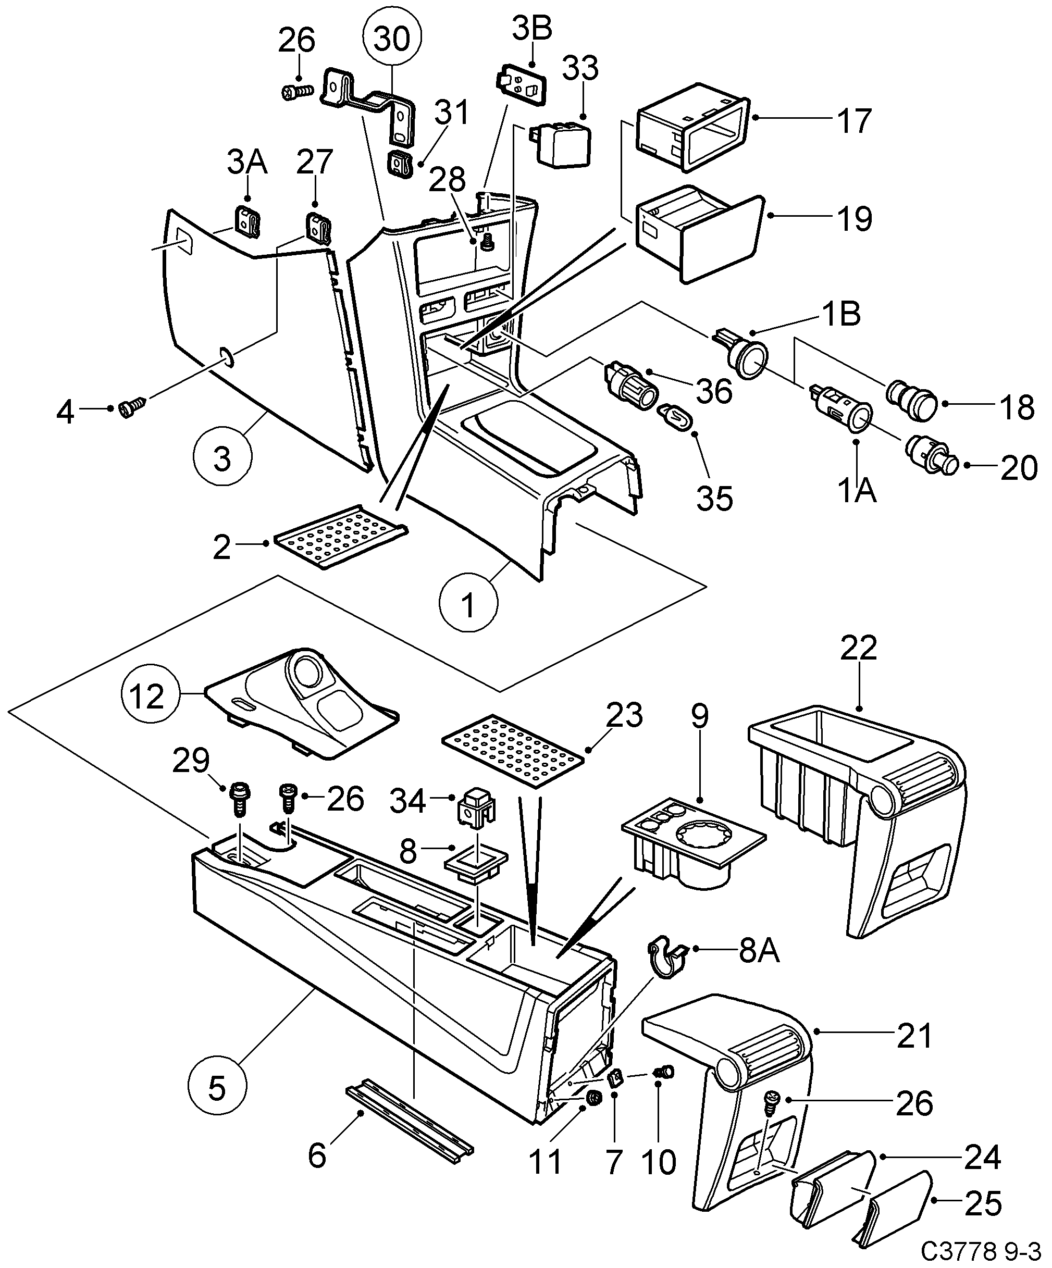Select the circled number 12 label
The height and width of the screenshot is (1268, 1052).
click(x=147, y=696)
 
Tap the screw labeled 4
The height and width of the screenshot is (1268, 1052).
click(x=132, y=409)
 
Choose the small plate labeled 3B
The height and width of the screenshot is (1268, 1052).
click(x=521, y=83)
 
